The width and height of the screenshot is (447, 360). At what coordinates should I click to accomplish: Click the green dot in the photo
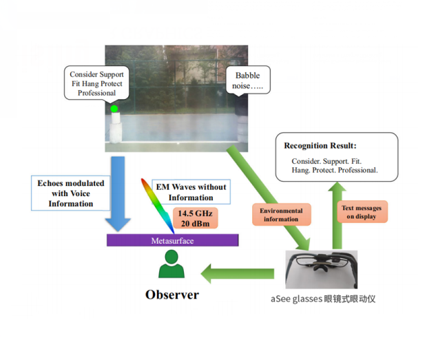tap(114, 108)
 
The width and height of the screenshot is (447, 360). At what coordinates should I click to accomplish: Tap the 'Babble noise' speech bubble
tap(249, 80)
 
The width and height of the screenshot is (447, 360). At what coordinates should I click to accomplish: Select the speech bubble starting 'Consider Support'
tap(96, 83)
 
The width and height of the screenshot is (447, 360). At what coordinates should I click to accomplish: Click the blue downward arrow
tap(118, 193)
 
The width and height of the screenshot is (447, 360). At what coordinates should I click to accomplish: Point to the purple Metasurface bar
tap(172, 240)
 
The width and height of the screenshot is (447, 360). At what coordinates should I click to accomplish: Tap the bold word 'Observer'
tap(171, 295)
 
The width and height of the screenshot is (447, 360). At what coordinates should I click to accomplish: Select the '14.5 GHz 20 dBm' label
tap(195, 217)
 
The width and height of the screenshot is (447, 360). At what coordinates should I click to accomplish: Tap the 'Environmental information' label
tap(280, 214)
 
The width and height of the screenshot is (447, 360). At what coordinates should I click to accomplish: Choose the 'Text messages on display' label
tap(363, 211)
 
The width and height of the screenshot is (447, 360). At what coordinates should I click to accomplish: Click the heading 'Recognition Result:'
tap(321, 146)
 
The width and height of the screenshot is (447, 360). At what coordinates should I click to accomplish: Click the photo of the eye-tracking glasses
tap(322, 268)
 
